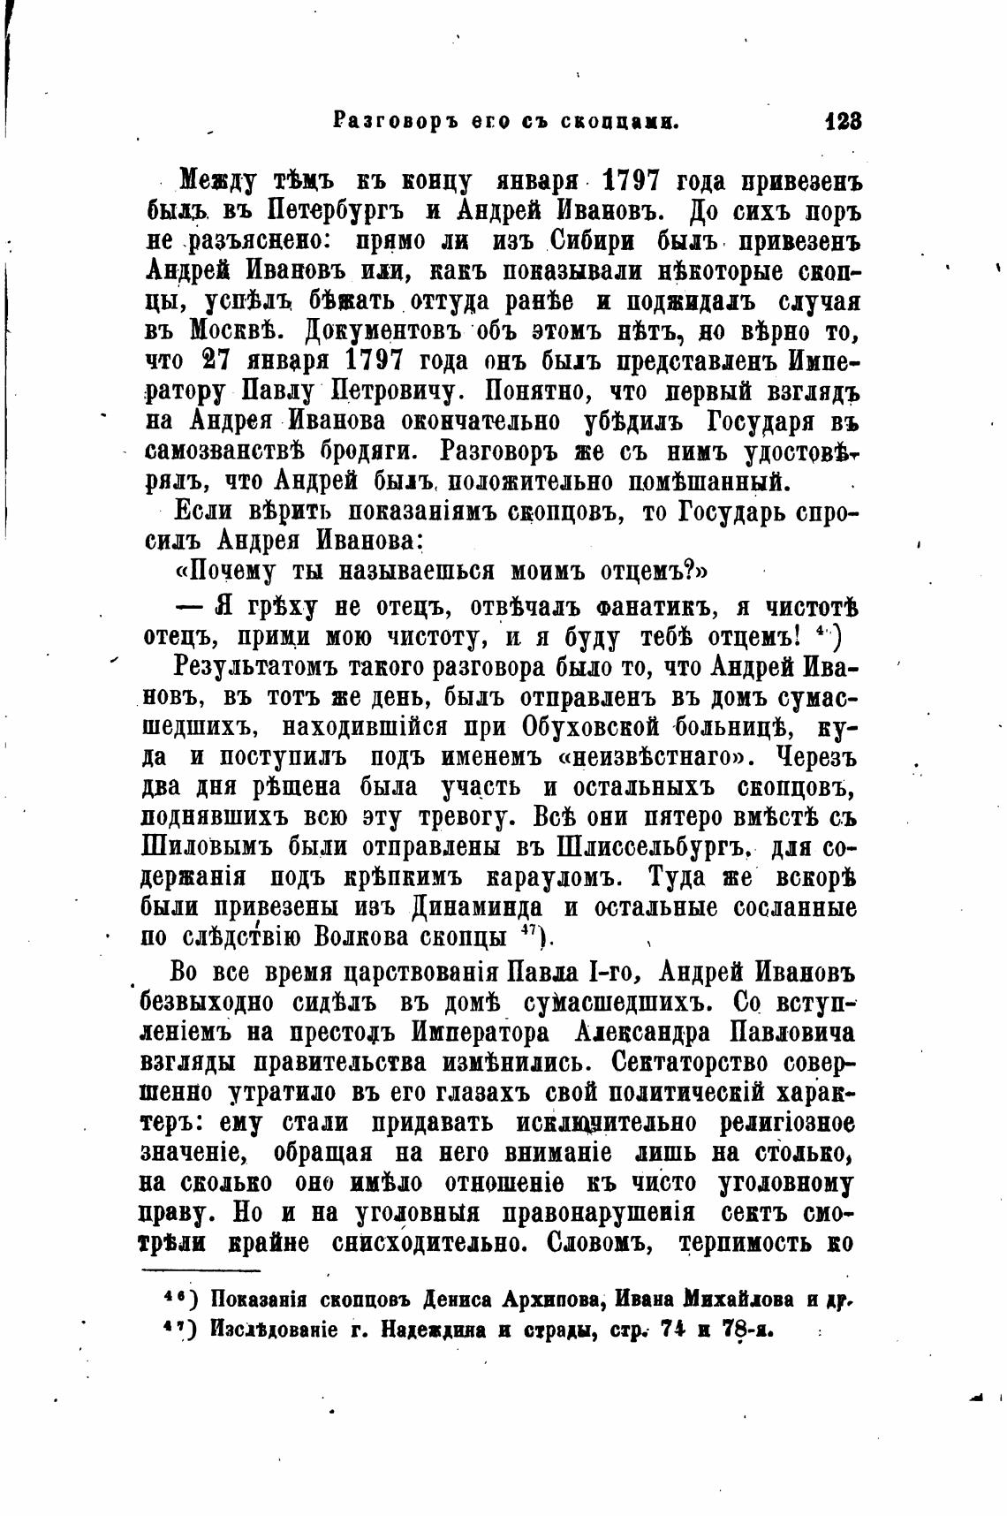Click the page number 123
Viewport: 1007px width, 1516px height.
(842, 122)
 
